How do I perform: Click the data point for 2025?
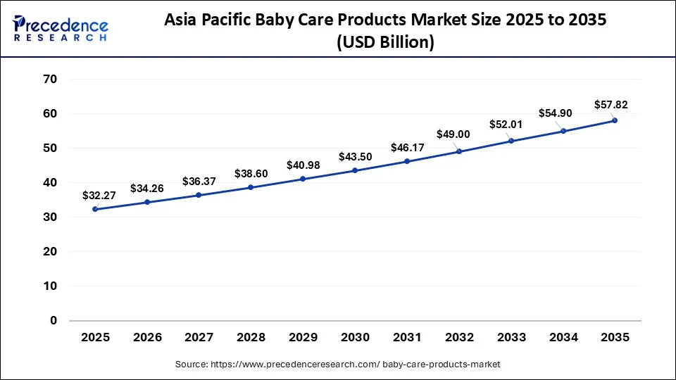pyautogui.click(x=95, y=209)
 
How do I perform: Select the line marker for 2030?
pyautogui.click(x=355, y=170)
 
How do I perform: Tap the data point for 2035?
pyautogui.click(x=615, y=120)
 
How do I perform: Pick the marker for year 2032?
pyautogui.click(x=459, y=151)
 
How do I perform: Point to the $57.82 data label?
pyautogui.click(x=610, y=105)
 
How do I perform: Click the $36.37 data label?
pyautogui.click(x=199, y=181)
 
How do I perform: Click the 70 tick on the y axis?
pyautogui.click(x=49, y=79)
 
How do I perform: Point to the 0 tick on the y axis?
pyautogui.click(x=53, y=321)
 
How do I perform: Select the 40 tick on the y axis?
pyautogui.click(x=49, y=182)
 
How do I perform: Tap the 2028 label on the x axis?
pyautogui.click(x=251, y=338)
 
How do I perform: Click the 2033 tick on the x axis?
pyautogui.click(x=511, y=338)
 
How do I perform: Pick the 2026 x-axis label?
pyautogui.click(x=147, y=338)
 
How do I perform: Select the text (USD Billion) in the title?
pyautogui.click(x=385, y=43)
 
